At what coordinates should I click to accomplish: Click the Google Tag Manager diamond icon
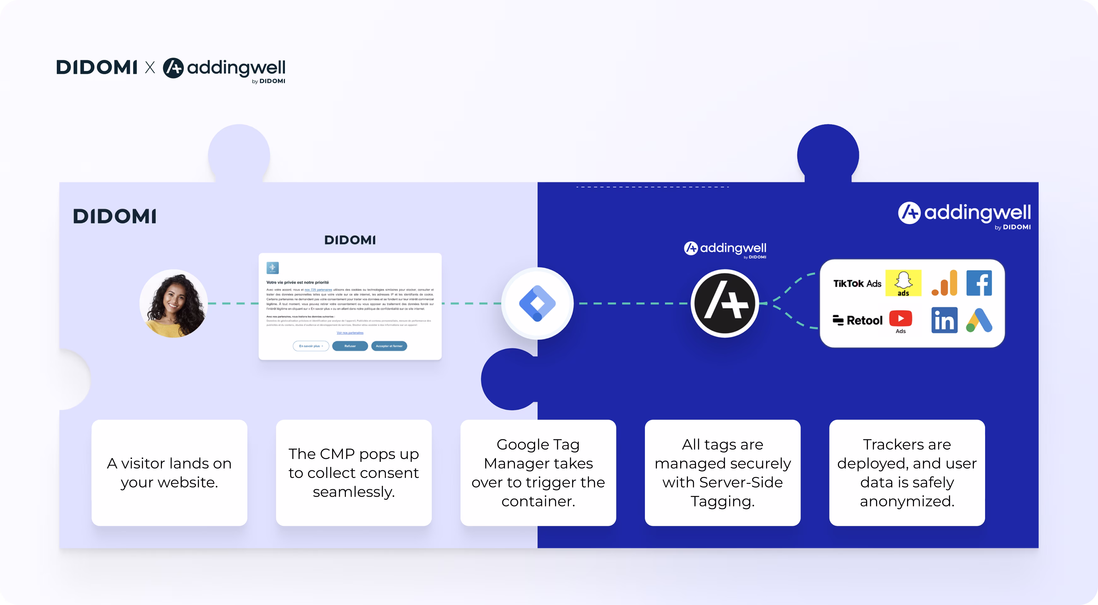[537, 303]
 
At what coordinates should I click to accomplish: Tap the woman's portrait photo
[174, 303]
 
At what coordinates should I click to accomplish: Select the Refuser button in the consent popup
[350, 346]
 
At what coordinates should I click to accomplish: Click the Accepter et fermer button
[389, 346]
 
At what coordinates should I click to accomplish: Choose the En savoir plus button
[311, 346]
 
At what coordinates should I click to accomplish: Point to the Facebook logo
[979, 283]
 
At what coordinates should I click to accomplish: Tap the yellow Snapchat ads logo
[903, 283]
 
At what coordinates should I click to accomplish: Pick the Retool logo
[858, 320]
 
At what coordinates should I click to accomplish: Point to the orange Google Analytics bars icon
[944, 283]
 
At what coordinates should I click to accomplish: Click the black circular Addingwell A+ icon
[725, 303]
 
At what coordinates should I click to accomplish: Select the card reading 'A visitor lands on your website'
[169, 473]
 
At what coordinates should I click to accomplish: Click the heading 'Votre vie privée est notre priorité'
[298, 283]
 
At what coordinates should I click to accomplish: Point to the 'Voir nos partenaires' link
[350, 333]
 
